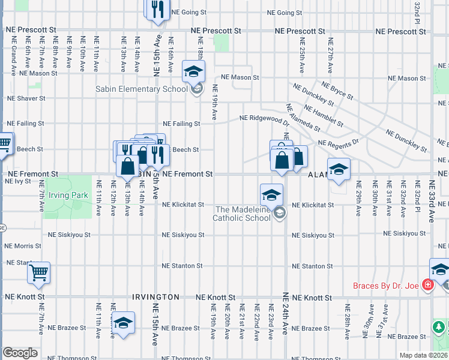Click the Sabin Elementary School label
pos(142,89)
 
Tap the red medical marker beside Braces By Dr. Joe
pos(427,284)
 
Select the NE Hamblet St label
pos(324,115)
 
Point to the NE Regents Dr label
pos(338,143)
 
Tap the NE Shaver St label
pos(26,98)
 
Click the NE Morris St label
pos(23,246)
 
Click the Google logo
pos(20,353)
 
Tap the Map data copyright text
pos(424,355)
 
